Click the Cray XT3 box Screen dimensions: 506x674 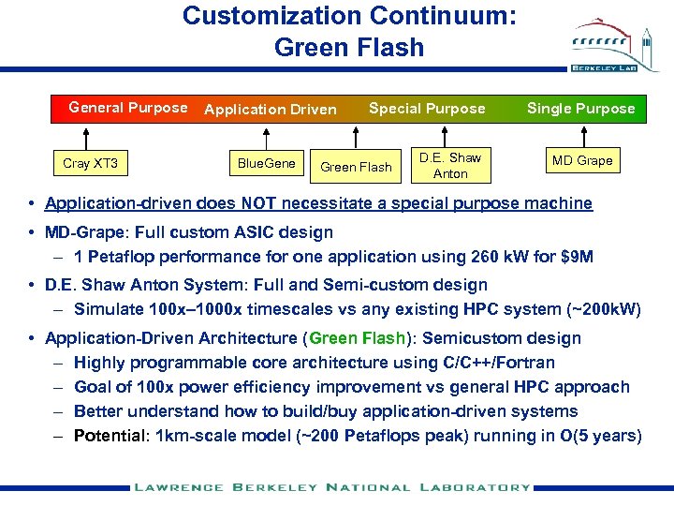click(x=90, y=164)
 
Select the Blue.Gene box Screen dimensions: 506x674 click(x=266, y=163)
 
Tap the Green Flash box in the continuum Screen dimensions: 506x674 click(x=356, y=167)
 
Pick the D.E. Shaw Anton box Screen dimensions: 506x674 click(x=449, y=165)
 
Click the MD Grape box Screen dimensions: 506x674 click(x=581, y=160)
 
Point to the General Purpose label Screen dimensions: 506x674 click(x=128, y=108)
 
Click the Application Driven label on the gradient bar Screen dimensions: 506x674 click(x=270, y=110)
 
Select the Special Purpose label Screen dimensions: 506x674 click(x=427, y=109)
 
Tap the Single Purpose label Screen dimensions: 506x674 click(x=580, y=109)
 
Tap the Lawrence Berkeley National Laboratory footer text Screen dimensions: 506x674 click(x=331, y=487)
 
